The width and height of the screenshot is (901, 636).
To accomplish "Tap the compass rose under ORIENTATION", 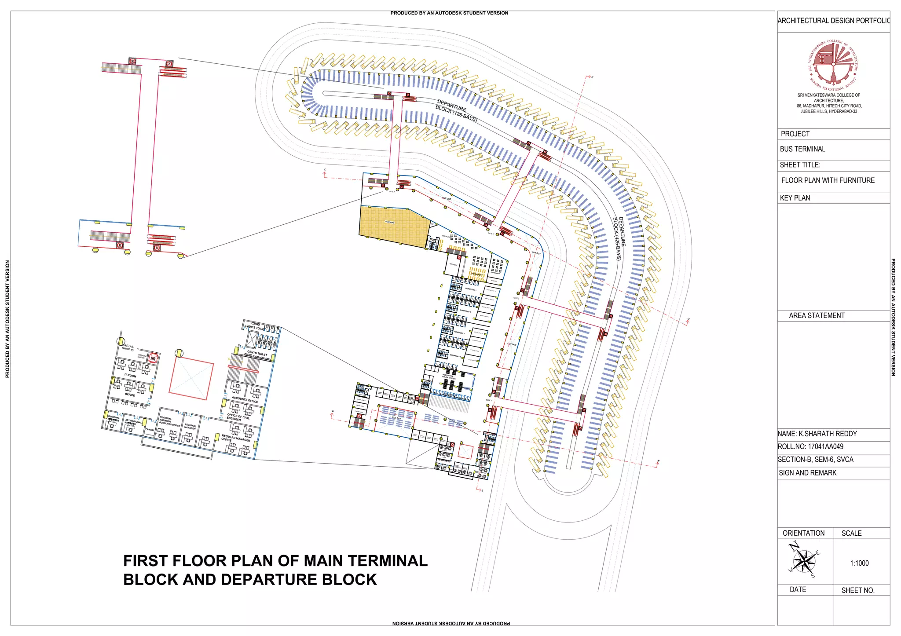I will (x=804, y=561).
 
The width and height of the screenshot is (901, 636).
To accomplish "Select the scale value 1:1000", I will (x=859, y=563).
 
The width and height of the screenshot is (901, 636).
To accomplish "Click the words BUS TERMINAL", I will (x=802, y=149).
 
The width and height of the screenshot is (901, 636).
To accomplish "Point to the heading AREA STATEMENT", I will (x=816, y=315).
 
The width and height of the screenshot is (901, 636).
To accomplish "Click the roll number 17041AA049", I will (x=825, y=446).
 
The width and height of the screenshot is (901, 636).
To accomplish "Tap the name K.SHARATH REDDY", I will (x=827, y=434).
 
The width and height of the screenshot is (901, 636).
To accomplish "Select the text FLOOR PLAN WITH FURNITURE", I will (x=828, y=180).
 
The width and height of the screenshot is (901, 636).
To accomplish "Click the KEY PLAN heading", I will (x=795, y=198).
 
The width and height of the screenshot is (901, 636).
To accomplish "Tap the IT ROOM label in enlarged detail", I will (x=130, y=376).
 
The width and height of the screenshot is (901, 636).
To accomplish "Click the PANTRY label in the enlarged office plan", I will (x=150, y=430).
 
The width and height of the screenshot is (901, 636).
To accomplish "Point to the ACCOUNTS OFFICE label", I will (x=245, y=400).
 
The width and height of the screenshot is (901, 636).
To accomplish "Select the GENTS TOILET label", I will (x=257, y=353).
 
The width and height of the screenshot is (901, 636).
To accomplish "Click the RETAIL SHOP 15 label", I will (x=128, y=348).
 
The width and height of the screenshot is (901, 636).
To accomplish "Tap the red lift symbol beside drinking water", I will (x=153, y=358).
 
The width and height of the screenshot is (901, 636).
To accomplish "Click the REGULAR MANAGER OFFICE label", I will (x=235, y=438).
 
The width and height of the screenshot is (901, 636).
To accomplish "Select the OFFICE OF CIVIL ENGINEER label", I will (x=238, y=417).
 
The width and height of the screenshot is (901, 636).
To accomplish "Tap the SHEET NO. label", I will (x=857, y=590).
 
